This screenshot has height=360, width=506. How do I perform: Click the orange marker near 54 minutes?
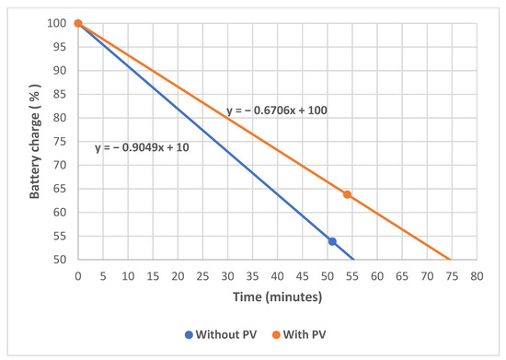(347, 194)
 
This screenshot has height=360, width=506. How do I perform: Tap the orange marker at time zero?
(78, 23)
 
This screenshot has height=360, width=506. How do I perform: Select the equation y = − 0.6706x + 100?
(277, 110)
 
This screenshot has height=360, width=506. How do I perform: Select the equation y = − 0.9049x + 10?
(142, 147)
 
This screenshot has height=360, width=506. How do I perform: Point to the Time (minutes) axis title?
(277, 297)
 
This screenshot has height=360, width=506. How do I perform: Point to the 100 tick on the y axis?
(61, 23)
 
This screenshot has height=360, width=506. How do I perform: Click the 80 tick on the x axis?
(477, 274)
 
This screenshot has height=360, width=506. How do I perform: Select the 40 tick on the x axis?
(277, 274)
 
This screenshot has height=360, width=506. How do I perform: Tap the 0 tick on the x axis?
(78, 274)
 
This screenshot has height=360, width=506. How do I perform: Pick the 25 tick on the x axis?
(202, 274)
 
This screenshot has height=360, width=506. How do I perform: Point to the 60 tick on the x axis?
(377, 274)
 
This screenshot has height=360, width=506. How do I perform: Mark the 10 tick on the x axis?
(128, 274)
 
